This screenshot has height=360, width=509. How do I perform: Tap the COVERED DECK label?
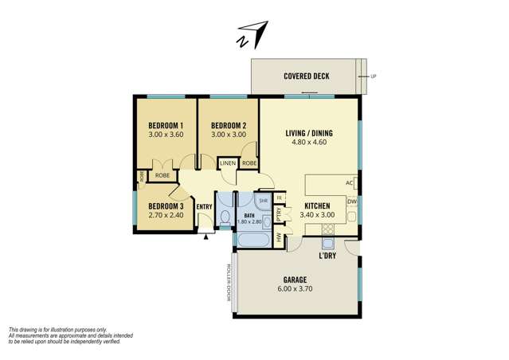pyautogui.click(x=307, y=76)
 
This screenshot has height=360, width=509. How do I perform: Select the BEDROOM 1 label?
pyautogui.click(x=166, y=125)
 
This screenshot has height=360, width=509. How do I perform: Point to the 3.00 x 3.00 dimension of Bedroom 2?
pyautogui.click(x=229, y=135)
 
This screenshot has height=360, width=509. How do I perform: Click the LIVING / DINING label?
pyautogui.click(x=309, y=133)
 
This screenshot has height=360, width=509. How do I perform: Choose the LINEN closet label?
pyautogui.click(x=228, y=163)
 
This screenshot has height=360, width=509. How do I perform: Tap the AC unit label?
pyautogui.click(x=349, y=183)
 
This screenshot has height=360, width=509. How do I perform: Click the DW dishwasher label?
pyautogui.click(x=352, y=202)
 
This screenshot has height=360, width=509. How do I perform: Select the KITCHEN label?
pyautogui.click(x=317, y=205)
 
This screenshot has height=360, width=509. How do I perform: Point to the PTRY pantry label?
pyautogui.click(x=278, y=215)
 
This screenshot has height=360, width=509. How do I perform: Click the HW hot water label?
pyautogui.click(x=278, y=238)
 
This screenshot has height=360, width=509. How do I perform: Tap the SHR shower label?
pyautogui.click(x=263, y=201)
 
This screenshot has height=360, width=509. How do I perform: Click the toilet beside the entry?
pyautogui.click(x=225, y=217)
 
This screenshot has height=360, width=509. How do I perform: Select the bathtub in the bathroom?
pyautogui.click(x=253, y=241)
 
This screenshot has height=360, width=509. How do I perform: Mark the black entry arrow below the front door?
pyautogui.click(x=206, y=237)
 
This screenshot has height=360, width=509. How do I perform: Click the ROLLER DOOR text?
pyautogui.click(x=228, y=283)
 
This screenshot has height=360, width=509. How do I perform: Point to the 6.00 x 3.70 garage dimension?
pyautogui.click(x=295, y=288)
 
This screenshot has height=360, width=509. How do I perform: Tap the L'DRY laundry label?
pyautogui.click(x=327, y=256)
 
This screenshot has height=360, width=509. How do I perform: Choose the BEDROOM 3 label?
pyautogui.click(x=166, y=206)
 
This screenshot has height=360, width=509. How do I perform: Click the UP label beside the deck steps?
pyautogui.click(x=374, y=76)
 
